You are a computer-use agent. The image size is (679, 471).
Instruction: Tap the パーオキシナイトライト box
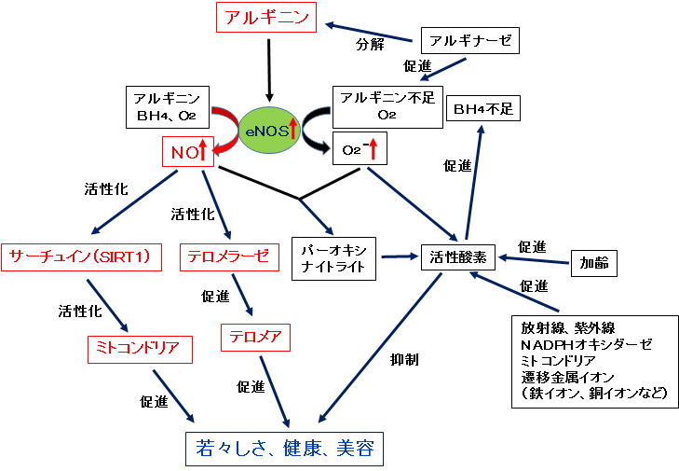coord(335,256)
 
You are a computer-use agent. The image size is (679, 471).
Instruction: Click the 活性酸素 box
coord(459,256)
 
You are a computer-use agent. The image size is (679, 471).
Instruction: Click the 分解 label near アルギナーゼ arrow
coord(370,44)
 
